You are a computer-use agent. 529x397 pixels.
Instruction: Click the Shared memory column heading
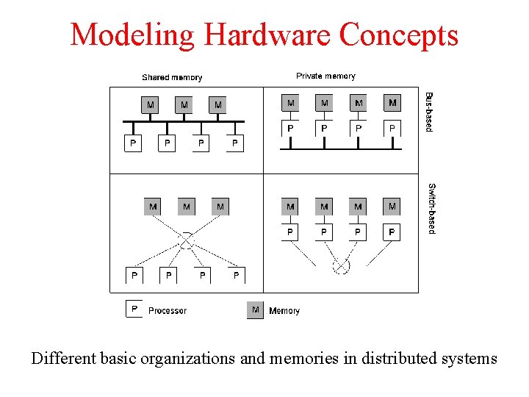tap(172, 77)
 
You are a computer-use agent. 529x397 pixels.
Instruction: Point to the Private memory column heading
tap(325, 76)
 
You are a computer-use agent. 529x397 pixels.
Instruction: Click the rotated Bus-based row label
tap(430, 112)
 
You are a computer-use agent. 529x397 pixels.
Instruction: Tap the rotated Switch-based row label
tap(432, 209)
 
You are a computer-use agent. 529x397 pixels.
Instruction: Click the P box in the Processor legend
tap(134, 310)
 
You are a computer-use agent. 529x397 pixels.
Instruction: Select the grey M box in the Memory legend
tap(255, 310)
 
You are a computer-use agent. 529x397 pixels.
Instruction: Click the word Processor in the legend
tap(168, 311)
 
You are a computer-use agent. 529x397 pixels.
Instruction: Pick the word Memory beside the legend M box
tap(284, 311)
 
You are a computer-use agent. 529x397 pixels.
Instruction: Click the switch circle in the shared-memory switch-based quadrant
tap(187, 240)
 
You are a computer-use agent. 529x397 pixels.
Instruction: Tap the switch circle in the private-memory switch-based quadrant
tap(341, 265)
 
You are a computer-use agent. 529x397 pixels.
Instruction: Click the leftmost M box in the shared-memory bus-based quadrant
tap(151, 105)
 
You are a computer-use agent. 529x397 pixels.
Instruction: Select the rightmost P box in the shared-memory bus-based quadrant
tap(235, 143)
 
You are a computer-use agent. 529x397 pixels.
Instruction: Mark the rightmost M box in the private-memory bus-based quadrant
tap(392, 103)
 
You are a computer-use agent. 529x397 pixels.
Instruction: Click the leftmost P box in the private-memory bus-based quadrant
tap(291, 128)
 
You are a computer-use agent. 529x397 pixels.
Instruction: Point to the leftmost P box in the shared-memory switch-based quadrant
tap(134, 276)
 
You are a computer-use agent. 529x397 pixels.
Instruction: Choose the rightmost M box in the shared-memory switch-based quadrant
tap(220, 207)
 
